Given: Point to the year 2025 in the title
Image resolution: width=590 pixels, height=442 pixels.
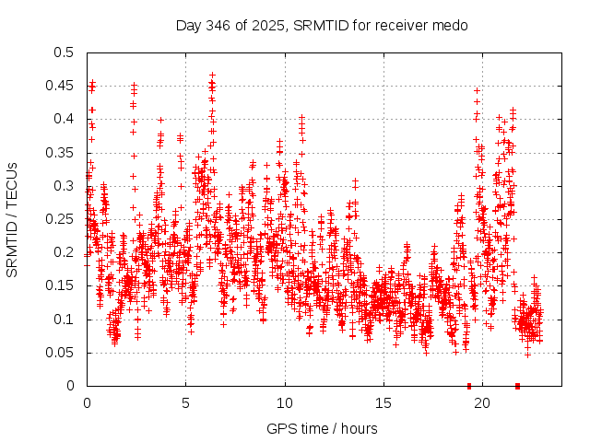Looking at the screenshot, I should pos(274,25).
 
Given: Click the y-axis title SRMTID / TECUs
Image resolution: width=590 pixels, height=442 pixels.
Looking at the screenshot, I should pos(13,219).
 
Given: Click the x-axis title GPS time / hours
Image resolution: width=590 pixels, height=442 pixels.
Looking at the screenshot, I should pos(322,428).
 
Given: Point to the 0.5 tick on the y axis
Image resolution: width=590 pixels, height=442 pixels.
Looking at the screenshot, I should pos(63,52).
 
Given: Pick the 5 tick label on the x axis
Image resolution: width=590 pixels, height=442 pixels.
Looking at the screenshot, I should pos(185,402).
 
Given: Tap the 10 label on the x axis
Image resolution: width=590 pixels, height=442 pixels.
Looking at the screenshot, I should pos(285,402).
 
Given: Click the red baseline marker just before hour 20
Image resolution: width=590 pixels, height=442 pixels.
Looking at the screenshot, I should pos(469,386).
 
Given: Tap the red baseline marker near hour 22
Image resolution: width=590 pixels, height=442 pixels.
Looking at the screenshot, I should pos(517,386).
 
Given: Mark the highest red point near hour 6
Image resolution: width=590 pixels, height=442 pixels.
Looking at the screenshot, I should pos(212,75).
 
